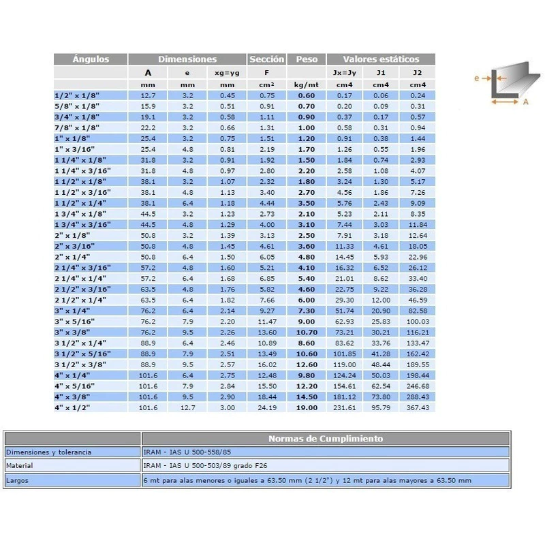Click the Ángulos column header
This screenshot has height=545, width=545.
pyautogui.click(x=91, y=59)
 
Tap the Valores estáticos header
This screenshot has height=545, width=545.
pyautogui.click(x=380, y=59)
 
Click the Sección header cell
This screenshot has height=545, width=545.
pyautogui.click(x=266, y=59)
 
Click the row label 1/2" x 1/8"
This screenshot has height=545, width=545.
pyautogui.click(x=71, y=95)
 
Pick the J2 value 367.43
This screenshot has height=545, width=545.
pyautogui.click(x=418, y=407)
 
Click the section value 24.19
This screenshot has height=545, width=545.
pyautogui.click(x=266, y=407)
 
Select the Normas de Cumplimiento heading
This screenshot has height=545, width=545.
pyautogui.click(x=325, y=439)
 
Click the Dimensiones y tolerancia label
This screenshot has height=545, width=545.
pyautogui.click(x=48, y=452)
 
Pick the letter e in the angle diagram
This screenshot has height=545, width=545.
pyautogui.click(x=477, y=78)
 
